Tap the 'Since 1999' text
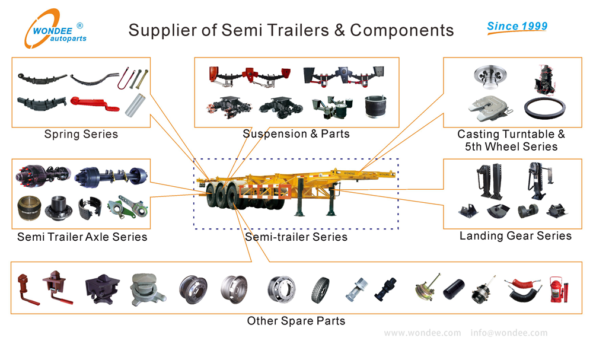(x=517, y=26)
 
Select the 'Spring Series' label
(x=81, y=135)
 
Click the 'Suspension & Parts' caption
(x=296, y=134)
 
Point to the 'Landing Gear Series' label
(x=515, y=236)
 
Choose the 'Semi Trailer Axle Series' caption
(x=82, y=237)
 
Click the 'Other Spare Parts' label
(x=296, y=321)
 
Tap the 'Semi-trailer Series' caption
(x=296, y=237)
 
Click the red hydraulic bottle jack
(x=556, y=290)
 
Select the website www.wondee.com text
(x=422, y=333)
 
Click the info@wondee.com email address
(x=509, y=333)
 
